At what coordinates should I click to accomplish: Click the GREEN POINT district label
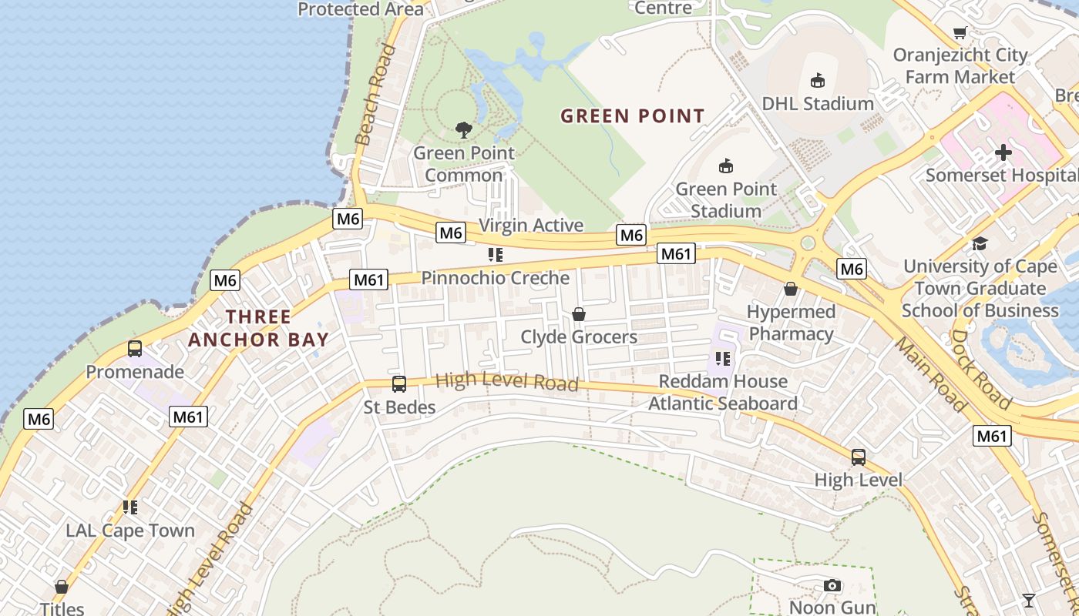click(632, 116)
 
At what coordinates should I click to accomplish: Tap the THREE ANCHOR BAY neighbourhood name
click(258, 328)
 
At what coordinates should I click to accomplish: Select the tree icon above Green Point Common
click(463, 130)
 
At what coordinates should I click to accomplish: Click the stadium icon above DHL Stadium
click(817, 80)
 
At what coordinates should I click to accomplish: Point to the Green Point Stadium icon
click(725, 166)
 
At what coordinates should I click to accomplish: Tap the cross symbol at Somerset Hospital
click(1003, 152)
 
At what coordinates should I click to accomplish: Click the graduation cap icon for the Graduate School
click(980, 243)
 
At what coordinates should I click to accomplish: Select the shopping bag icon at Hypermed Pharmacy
click(791, 289)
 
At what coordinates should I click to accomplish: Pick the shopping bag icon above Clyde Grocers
click(578, 314)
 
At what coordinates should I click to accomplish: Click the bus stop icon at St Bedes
click(399, 383)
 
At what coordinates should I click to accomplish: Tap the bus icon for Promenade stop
click(135, 349)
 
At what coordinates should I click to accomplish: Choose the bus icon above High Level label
click(858, 457)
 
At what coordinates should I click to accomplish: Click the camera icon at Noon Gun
click(832, 585)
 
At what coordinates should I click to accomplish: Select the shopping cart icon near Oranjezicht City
click(960, 32)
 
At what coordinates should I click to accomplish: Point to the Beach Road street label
click(375, 94)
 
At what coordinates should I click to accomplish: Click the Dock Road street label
click(980, 370)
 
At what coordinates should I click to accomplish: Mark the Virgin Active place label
click(531, 226)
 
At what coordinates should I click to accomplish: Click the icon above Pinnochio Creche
click(495, 255)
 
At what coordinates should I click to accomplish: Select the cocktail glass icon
click(1028, 600)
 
